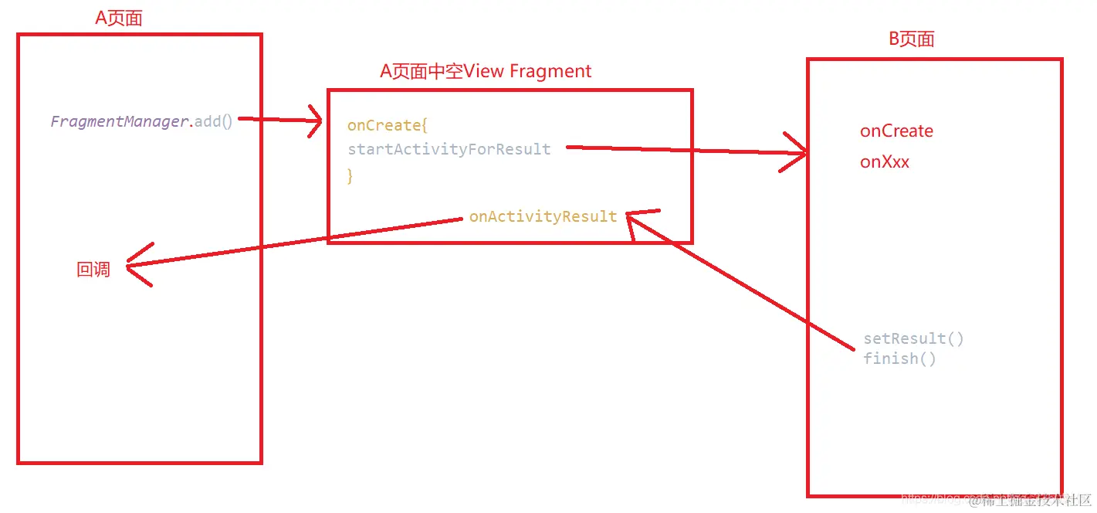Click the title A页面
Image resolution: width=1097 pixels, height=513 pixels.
tap(119, 19)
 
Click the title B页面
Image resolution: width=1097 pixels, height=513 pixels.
tap(912, 39)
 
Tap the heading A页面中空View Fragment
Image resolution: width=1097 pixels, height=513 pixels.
tap(486, 72)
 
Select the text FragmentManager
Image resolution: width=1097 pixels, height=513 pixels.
tap(120, 121)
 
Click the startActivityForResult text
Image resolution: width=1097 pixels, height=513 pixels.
tap(449, 149)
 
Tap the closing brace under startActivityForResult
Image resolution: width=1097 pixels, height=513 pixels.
tap(350, 175)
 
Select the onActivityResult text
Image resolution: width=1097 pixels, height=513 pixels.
tap(543, 216)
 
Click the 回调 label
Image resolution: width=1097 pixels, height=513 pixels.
tap(93, 270)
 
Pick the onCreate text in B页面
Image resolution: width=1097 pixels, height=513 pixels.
tap(896, 131)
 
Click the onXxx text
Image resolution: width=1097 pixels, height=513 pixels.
tap(885, 162)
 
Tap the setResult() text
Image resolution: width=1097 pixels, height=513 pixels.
tap(913, 338)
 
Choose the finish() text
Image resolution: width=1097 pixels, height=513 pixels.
tap(899, 358)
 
